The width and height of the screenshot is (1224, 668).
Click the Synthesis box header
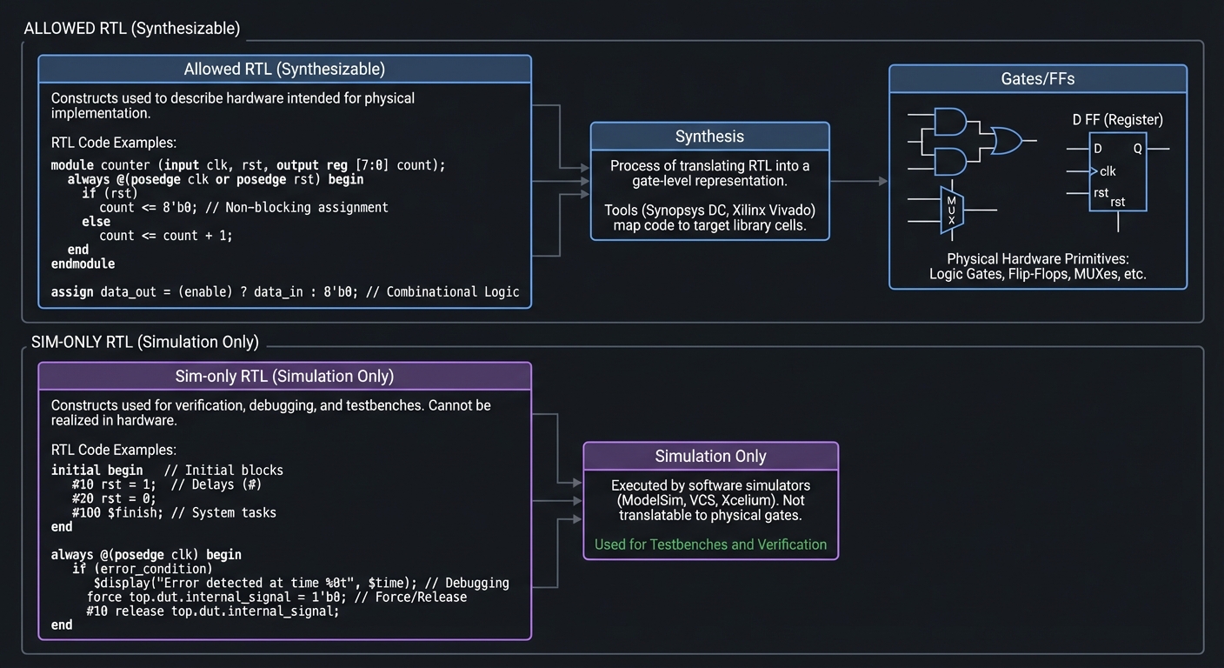click(x=709, y=137)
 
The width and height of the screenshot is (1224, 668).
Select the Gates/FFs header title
click(x=1037, y=79)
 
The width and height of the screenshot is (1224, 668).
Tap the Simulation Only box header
click(x=710, y=457)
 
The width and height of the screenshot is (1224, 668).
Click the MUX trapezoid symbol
click(x=952, y=210)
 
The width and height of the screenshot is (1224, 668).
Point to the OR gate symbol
click(x=1006, y=140)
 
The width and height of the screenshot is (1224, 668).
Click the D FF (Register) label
click(x=1117, y=120)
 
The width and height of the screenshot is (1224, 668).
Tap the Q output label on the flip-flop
click(x=1137, y=149)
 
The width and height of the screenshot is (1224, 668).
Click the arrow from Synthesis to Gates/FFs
click(x=858, y=181)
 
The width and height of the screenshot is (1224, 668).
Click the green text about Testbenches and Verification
click(x=710, y=544)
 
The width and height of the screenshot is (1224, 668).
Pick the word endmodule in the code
click(x=83, y=264)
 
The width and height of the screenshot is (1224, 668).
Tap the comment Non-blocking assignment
click(x=306, y=207)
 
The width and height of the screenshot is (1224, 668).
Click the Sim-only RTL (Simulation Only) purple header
click(x=284, y=377)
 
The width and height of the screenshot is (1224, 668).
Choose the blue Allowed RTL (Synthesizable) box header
click(x=284, y=70)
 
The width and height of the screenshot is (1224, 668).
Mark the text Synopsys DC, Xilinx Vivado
click(x=709, y=210)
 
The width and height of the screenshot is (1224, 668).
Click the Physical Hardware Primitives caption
click(x=1037, y=259)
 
